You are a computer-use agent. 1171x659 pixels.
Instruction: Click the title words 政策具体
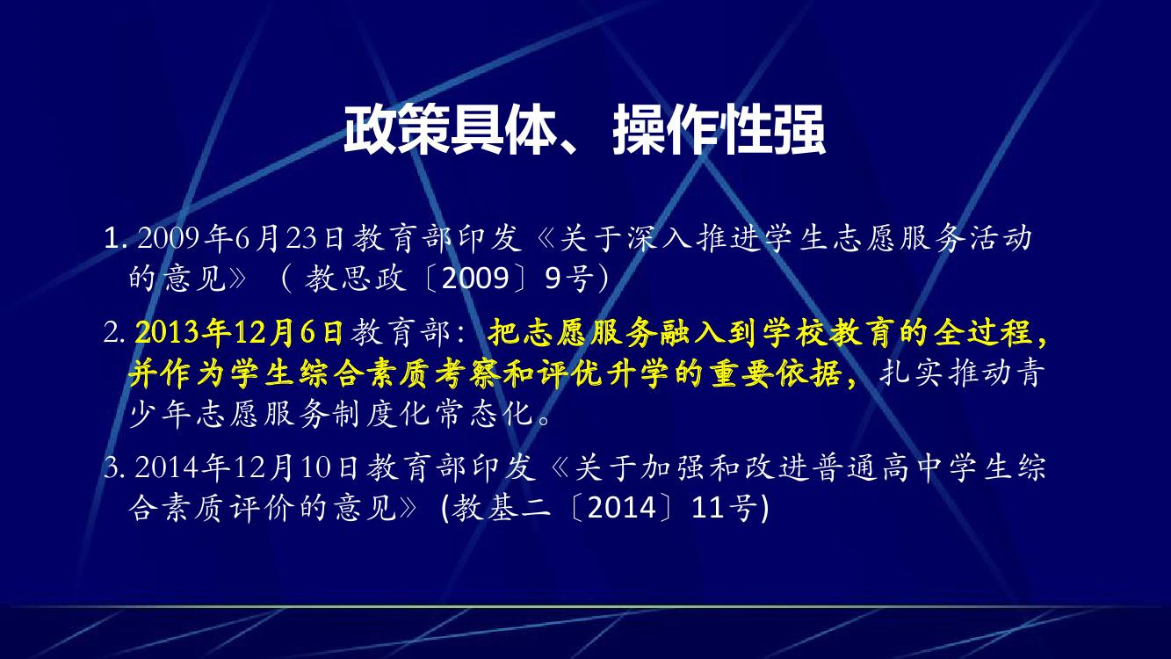(450, 130)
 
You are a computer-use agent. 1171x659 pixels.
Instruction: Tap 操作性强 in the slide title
(719, 130)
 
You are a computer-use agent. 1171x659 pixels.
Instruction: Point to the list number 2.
(113, 332)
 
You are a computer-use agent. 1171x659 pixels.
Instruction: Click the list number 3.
(113, 467)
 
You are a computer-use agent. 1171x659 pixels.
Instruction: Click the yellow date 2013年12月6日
(239, 332)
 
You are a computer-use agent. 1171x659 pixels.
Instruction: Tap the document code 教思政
(355, 278)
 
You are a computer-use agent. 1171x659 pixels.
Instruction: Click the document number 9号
(569, 278)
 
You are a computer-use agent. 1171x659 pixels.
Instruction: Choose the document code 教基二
(502, 507)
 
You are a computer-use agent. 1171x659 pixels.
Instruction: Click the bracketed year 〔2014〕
(621, 507)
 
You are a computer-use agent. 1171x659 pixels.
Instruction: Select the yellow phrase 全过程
(982, 332)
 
